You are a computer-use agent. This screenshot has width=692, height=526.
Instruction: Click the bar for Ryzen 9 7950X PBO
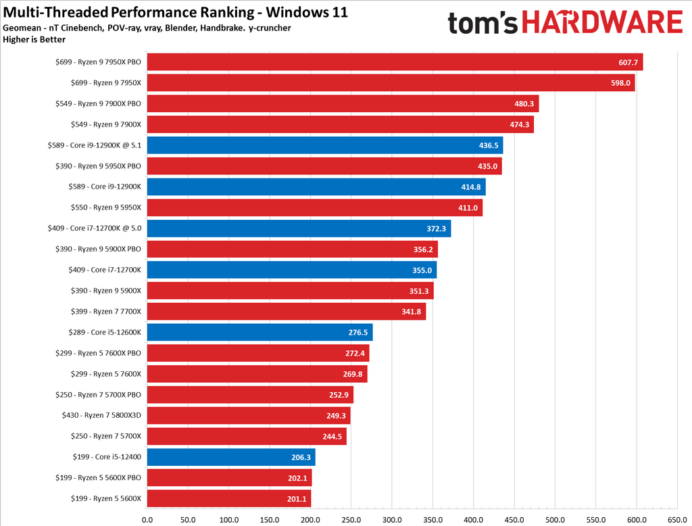pyautogui.click(x=394, y=62)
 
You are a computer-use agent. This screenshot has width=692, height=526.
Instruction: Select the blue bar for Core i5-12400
pyautogui.click(x=230, y=458)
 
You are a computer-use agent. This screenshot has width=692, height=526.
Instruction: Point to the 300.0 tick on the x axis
pyautogui.click(x=392, y=520)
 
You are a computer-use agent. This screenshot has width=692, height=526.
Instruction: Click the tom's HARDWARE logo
pyautogui.click(x=565, y=23)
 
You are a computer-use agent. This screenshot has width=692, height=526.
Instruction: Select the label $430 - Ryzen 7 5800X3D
pyautogui.click(x=99, y=416)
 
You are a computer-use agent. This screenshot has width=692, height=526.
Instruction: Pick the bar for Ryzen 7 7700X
pyautogui.click(x=286, y=312)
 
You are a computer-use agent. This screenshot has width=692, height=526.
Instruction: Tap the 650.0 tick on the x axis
pyautogui.click(x=676, y=520)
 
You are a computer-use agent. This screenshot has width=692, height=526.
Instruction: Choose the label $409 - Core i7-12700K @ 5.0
pyautogui.click(x=95, y=229)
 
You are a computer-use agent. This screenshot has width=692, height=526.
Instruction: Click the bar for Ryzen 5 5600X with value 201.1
pyautogui.click(x=228, y=499)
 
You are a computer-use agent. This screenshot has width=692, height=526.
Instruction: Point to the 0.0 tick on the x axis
pyautogui.click(x=147, y=520)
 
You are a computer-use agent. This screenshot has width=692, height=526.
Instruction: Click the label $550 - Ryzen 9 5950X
pyautogui.click(x=106, y=208)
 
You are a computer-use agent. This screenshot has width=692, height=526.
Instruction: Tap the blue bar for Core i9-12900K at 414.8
pyautogui.click(x=316, y=187)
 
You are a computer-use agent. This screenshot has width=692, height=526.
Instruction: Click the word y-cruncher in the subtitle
pyautogui.click(x=268, y=28)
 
